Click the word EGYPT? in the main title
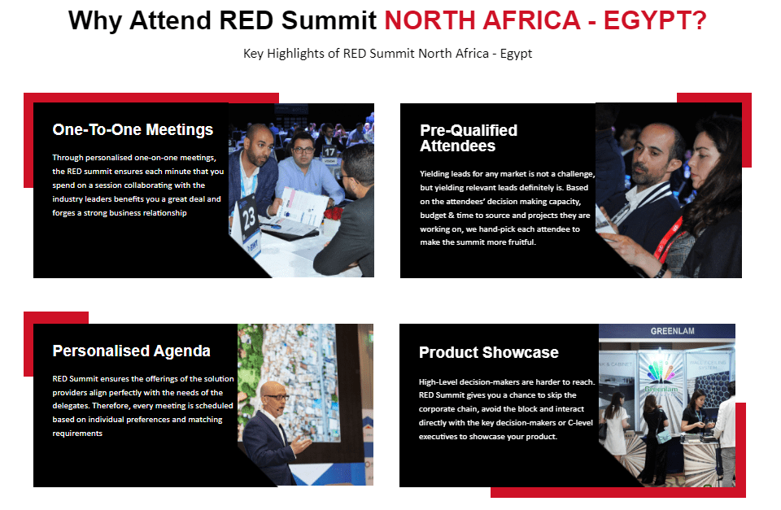654,20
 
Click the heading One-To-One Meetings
133,129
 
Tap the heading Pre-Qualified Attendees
469,138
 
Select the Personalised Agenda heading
131,351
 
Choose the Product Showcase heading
488,352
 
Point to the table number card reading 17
329,152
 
